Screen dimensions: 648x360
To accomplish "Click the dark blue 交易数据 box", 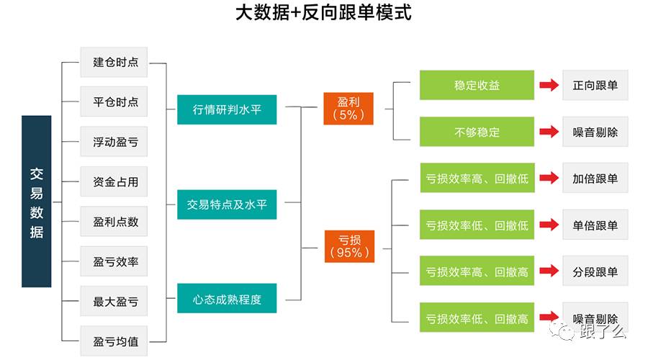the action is click(37, 202).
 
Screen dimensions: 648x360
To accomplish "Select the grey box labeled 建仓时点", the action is click(114, 62).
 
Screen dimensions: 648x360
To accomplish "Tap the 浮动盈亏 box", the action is click(114, 142).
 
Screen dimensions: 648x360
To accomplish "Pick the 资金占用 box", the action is click(114, 181).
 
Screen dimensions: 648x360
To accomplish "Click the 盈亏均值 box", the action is click(114, 341).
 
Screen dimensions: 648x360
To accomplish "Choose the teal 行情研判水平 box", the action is click(227, 109).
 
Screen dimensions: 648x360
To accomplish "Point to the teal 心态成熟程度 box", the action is click(227, 298).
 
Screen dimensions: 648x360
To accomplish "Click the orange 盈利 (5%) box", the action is click(348, 109).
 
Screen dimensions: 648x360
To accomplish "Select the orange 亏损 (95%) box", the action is click(350, 246).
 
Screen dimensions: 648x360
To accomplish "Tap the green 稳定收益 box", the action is click(477, 85).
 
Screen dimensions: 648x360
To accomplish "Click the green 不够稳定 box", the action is click(477, 132).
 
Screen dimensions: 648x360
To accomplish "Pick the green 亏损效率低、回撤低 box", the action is click(477, 225).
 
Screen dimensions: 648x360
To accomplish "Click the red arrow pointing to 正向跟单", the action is click(549, 85).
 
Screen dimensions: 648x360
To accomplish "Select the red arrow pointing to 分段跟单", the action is click(549, 271).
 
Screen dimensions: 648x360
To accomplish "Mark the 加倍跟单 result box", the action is click(595, 178).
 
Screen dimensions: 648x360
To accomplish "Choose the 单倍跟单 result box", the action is click(595, 225).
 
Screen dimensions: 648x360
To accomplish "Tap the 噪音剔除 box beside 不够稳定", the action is click(595, 132).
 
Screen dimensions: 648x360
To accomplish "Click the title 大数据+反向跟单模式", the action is click(323, 12).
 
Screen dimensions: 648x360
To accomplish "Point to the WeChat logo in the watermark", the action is click(562, 330).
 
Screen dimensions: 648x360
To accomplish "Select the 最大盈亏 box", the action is click(114, 301).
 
